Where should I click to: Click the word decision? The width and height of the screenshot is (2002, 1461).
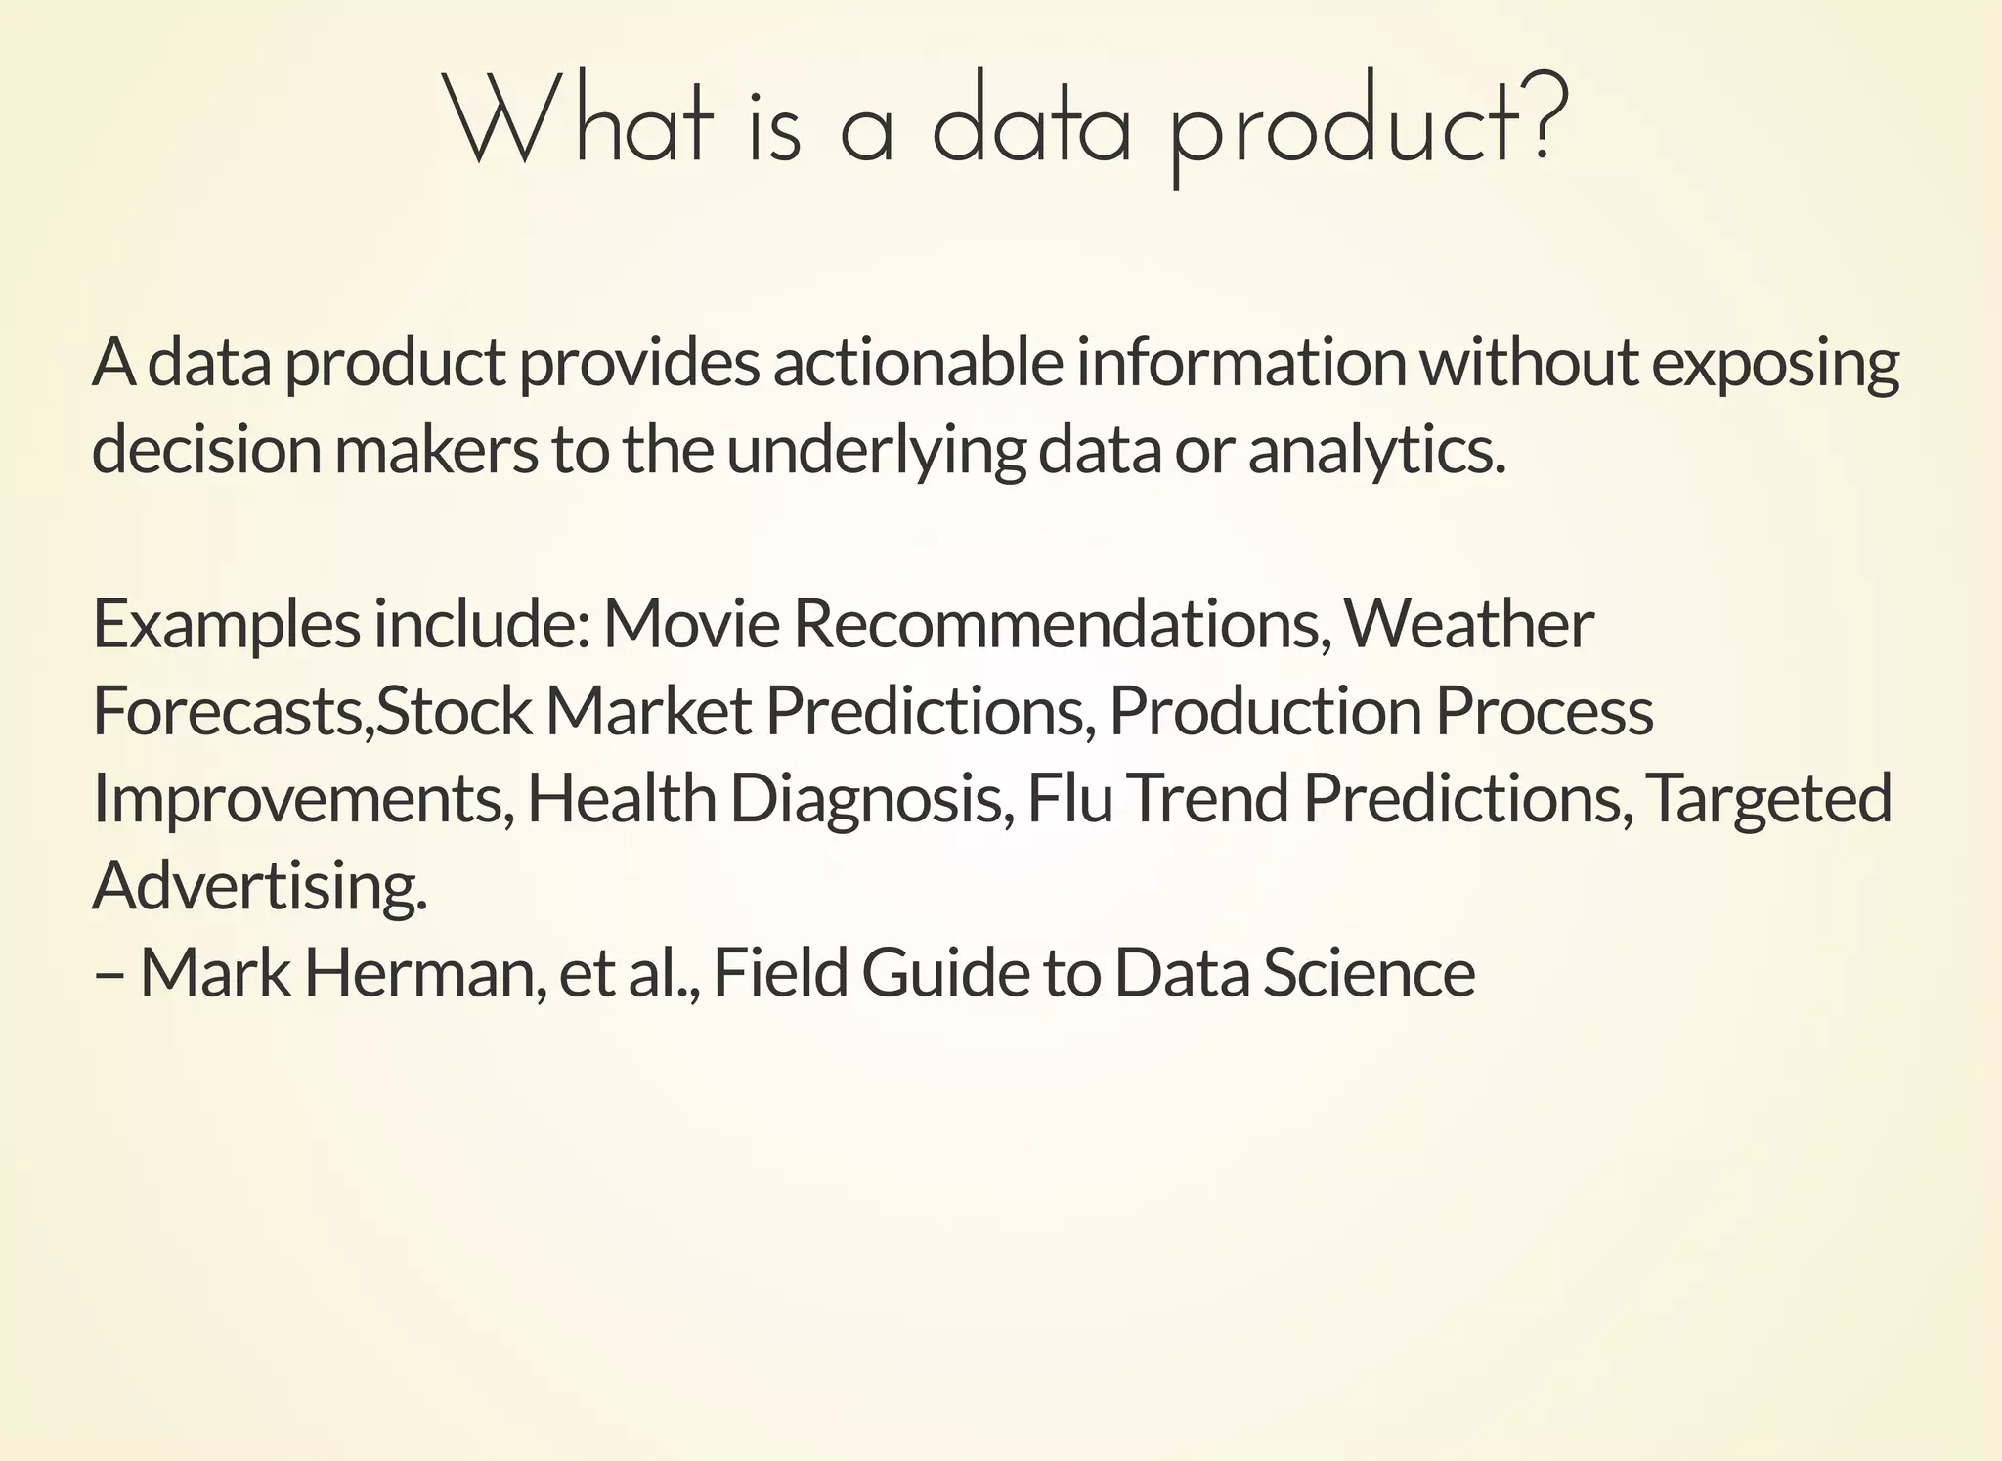206,451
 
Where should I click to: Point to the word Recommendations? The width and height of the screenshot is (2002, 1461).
1062,624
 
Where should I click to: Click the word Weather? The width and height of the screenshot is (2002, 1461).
1468,624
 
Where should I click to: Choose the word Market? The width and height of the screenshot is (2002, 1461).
648,711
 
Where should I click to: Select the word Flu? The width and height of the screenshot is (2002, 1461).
1069,798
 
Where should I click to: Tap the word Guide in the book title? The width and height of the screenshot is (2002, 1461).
945,974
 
